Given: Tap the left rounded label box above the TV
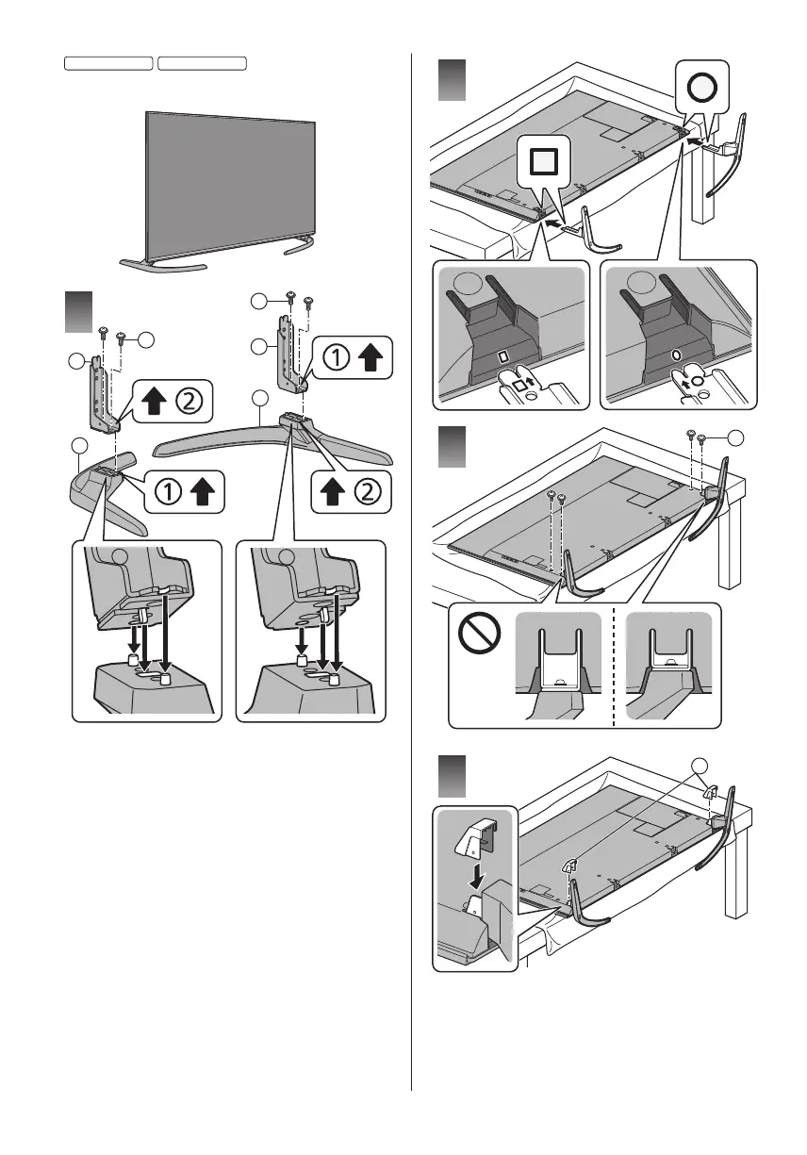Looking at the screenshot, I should coord(108,63).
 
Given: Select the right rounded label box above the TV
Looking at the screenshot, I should coord(202,63).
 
